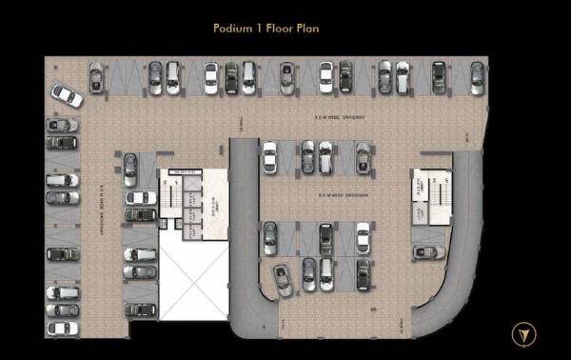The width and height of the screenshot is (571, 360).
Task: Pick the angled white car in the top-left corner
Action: pyautogui.click(x=67, y=95)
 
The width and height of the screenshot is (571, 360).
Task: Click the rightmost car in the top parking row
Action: pyautogui.click(x=477, y=77)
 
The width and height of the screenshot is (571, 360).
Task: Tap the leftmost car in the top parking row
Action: pyautogui.click(x=96, y=77)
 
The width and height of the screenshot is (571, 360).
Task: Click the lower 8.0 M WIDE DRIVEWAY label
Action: pyautogui.click(x=343, y=196)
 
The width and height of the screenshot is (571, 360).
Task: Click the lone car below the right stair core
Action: pyautogui.click(x=428, y=251)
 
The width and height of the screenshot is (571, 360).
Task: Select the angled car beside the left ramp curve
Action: pyautogui.click(x=283, y=279)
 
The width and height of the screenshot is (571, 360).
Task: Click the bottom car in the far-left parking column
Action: pyautogui.click(x=63, y=328)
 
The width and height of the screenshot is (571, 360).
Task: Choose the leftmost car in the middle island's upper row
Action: pyautogui.click(x=269, y=157)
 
